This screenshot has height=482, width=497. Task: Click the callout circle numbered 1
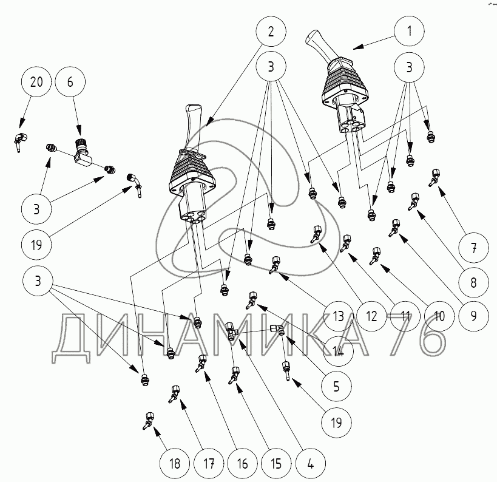409,31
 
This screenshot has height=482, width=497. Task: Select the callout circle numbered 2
271,32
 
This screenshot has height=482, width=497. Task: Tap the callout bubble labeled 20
36,82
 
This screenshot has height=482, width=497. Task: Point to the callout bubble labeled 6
70,82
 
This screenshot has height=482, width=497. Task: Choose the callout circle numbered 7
473,247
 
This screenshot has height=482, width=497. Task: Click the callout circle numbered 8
473,282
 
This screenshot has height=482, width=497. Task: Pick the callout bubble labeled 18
175,464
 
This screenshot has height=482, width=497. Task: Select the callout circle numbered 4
311,464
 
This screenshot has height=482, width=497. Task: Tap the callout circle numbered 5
336,387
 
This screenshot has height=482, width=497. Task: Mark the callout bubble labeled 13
338,316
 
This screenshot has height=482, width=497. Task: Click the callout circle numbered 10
439,316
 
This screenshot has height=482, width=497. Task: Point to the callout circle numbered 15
276,464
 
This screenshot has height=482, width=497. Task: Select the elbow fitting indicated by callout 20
20,141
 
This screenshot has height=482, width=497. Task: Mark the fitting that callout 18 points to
148,420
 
